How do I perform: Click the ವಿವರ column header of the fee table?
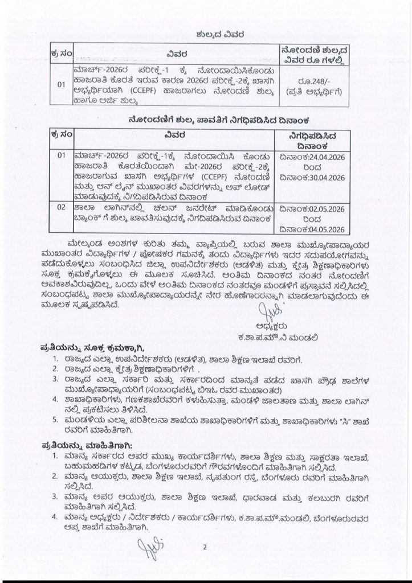(x=178, y=54)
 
